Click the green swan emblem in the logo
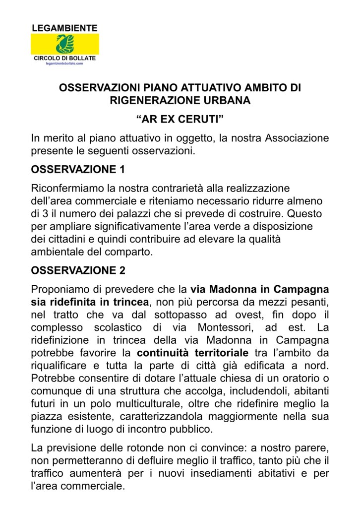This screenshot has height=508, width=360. (x=64, y=45)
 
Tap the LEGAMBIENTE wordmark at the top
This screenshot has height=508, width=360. (x=64, y=28)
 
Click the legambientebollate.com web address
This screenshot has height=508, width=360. (x=64, y=64)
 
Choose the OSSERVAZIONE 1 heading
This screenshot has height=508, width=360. (x=78, y=170)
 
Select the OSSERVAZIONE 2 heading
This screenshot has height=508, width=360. (x=78, y=271)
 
